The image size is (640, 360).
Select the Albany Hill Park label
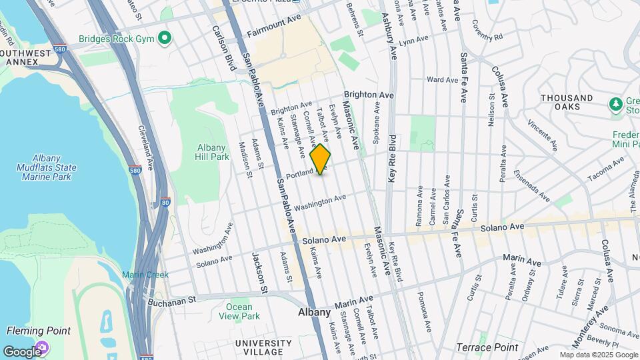(213, 152)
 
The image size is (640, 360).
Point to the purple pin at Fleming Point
(43, 347)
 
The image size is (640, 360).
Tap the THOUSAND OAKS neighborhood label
(567, 103)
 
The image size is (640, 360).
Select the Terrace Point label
(487, 347)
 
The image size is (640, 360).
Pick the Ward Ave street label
(443, 80)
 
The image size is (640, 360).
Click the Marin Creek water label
(140, 275)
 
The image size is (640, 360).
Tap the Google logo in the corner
(21, 351)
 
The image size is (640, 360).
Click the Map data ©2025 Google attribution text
(598, 355)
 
